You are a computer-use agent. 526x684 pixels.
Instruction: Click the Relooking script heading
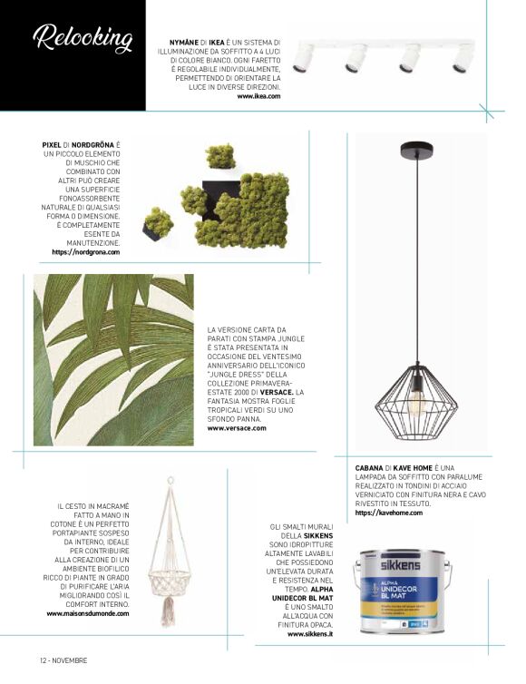pos(82,39)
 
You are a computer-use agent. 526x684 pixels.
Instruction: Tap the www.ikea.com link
pos(258,95)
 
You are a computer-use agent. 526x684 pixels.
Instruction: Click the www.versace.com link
pos(237,428)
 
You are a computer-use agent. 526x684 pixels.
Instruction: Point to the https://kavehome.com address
pos(389,513)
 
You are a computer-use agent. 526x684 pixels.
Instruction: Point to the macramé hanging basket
pos(169,572)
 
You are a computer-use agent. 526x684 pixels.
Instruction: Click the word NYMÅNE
pos(186,42)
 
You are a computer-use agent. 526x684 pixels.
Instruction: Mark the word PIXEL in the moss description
pos(53,144)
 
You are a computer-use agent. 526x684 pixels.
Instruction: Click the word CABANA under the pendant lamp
pos(372,468)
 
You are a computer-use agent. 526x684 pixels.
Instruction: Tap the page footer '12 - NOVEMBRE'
pos(63,660)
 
